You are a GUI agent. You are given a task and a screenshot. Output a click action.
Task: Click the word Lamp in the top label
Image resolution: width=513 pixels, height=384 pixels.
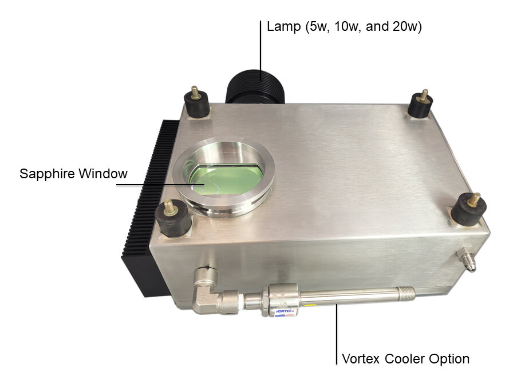pos(283,26)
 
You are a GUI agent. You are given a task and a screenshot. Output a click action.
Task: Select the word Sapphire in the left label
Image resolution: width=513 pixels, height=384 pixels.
pos(47,174)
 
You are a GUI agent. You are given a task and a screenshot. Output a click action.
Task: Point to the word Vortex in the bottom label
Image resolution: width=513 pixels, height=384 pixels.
pos(361,359)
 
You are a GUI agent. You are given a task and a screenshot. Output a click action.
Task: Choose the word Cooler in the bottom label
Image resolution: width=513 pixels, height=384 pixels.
pos(404,359)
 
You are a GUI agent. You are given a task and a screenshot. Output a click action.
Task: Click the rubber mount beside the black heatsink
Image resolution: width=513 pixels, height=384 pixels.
pos(173,218)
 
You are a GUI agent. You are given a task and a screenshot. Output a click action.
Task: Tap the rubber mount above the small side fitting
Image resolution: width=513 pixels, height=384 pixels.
pos(469,209)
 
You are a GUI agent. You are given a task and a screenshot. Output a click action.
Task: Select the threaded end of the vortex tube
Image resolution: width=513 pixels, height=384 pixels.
pos(407,293)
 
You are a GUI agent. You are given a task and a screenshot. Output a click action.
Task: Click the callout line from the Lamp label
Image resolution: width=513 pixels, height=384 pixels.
pos(261,50)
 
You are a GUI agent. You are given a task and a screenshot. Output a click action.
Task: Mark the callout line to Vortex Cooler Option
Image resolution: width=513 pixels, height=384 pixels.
pos(336,334)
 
